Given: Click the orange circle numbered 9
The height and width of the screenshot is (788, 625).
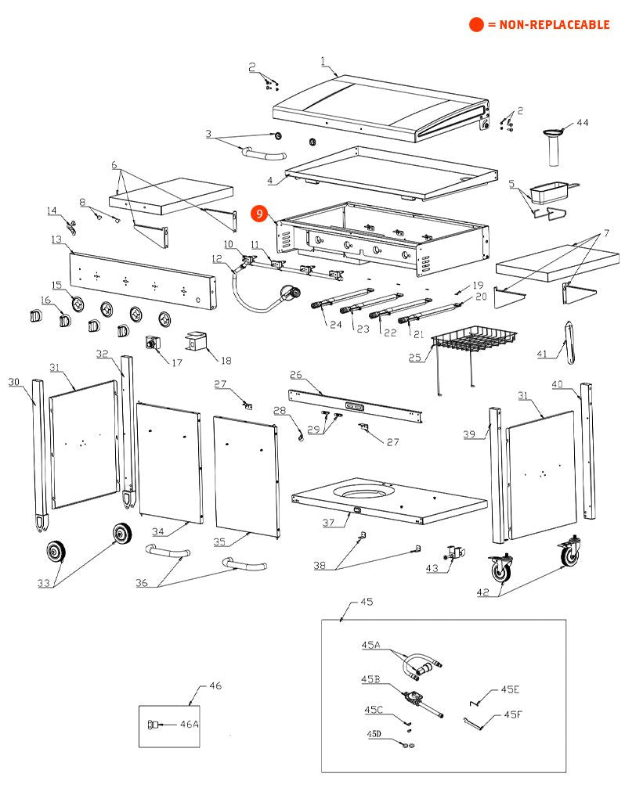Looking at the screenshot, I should click(x=259, y=212).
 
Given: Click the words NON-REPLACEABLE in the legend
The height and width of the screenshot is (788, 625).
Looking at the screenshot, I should click(x=548, y=25).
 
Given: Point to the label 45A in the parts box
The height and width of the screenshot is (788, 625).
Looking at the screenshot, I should click(x=370, y=645).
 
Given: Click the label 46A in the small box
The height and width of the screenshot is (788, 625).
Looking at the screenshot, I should click(x=190, y=725).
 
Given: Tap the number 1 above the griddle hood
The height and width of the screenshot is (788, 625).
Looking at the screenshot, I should click(x=323, y=59).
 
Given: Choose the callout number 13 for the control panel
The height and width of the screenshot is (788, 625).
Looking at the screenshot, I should click(x=56, y=239).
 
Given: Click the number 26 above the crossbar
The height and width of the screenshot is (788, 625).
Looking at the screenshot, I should click(x=296, y=375).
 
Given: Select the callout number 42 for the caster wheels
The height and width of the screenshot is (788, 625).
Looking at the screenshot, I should click(x=482, y=592).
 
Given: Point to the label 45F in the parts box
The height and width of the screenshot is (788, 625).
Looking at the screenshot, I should click(x=512, y=714).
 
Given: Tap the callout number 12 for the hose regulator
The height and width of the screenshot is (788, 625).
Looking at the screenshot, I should click(x=217, y=257).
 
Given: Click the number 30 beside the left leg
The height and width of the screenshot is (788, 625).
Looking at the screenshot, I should click(x=13, y=381).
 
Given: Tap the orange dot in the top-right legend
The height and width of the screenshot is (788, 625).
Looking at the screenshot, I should click(x=476, y=25).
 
